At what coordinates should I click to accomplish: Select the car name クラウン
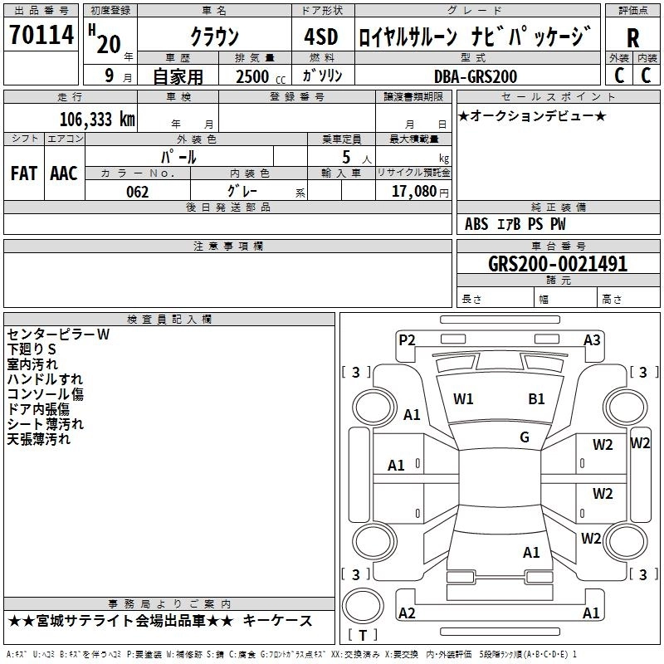click(x=214, y=37)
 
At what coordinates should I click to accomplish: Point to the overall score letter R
click(x=633, y=37)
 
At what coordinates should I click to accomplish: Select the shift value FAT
click(x=24, y=173)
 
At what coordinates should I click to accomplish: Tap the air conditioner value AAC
click(x=64, y=173)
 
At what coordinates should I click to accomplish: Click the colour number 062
click(x=138, y=192)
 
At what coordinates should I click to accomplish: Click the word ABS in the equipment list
click(x=476, y=224)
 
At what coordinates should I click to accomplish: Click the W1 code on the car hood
click(x=463, y=399)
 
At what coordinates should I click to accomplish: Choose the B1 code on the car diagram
click(x=536, y=399)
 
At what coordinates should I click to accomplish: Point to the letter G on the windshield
click(x=525, y=437)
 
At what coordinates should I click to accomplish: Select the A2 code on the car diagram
click(x=407, y=613)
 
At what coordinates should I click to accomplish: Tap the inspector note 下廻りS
click(x=32, y=349)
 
